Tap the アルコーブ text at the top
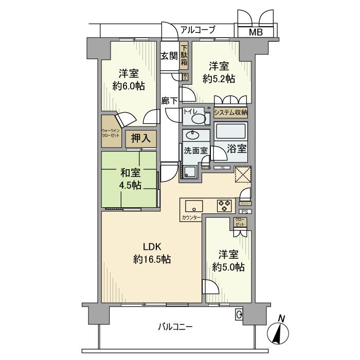pyautogui.click(x=197, y=30)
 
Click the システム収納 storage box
pyautogui.click(x=231, y=112)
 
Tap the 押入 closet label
pyautogui.click(x=139, y=138)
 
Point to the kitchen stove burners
pyautogui.click(x=225, y=205)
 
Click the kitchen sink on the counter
pyautogui.click(x=195, y=205)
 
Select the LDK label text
pyautogui.click(x=152, y=246)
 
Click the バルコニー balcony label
pyautogui.click(x=175, y=326)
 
